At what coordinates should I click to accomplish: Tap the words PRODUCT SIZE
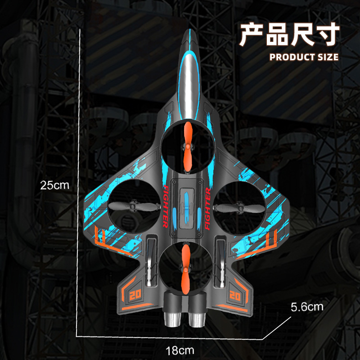tap(304, 57)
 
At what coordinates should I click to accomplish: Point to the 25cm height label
tap(52, 184)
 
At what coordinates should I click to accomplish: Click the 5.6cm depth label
tap(307, 307)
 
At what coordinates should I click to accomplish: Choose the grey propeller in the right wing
tap(236, 207)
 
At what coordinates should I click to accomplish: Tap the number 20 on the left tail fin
tap(134, 296)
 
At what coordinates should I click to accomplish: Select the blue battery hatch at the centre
tap(186, 207)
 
